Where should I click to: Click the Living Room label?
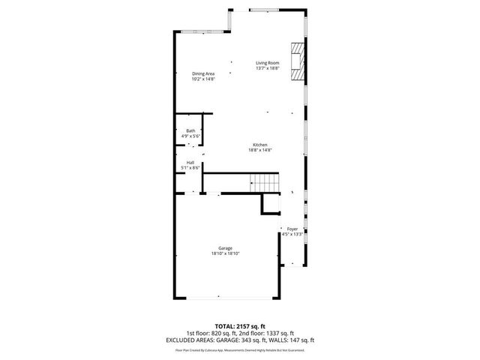point(267,63)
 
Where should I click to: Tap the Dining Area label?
point(203,73)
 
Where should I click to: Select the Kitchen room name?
point(259,145)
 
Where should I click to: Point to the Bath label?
point(191,131)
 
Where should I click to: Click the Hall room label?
point(190,163)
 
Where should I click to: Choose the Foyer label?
point(292,229)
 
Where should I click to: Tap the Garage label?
point(225,248)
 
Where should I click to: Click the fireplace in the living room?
point(298,61)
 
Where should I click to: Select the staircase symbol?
point(263,182)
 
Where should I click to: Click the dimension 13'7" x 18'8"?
point(267,68)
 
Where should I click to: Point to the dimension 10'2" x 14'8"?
point(203,79)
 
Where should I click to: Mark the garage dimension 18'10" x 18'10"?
point(225,253)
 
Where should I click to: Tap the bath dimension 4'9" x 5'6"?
point(191,136)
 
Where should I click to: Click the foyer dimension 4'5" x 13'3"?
point(292,234)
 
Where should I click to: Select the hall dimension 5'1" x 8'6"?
point(190,168)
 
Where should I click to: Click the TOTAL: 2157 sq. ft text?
point(240,326)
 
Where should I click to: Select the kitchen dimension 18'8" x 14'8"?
point(259,150)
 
